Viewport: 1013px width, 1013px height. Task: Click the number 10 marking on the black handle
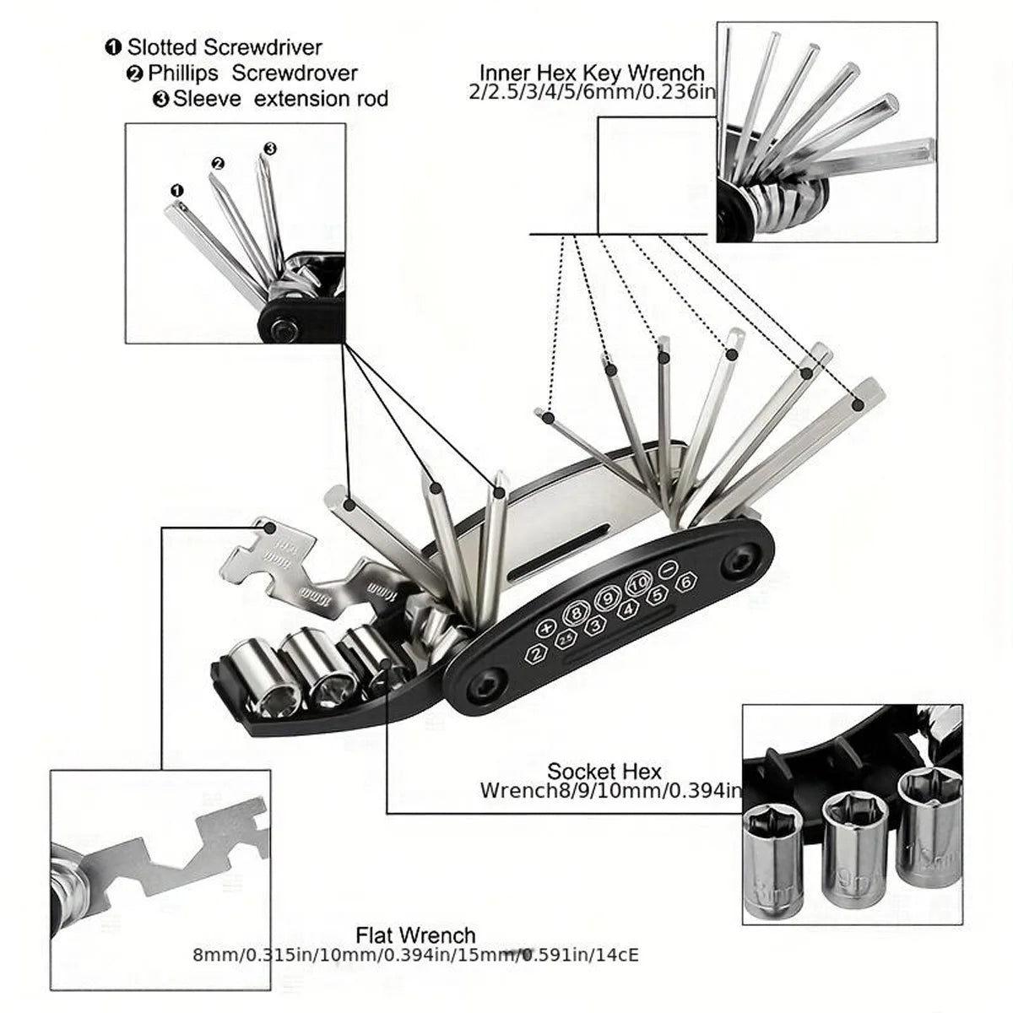click(638, 582)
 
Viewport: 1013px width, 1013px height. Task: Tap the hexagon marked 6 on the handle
click(686, 582)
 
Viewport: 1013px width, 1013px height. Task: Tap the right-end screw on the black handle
click(741, 558)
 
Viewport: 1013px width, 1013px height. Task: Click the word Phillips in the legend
click(182, 73)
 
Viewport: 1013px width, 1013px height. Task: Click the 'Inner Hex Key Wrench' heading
click(591, 73)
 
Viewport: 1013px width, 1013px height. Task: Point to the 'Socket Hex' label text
click(604, 770)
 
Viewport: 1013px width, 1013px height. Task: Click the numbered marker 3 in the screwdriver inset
click(269, 149)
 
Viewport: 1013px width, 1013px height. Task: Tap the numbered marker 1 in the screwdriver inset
click(176, 191)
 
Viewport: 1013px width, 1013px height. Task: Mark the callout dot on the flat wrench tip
click(269, 527)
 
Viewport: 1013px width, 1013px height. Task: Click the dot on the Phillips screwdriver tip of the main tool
click(436, 487)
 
